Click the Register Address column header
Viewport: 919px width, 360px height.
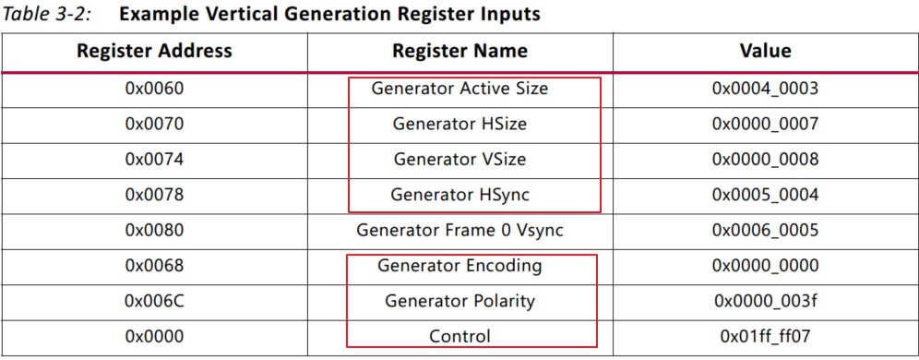pyautogui.click(x=154, y=51)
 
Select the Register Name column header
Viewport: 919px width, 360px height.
pyautogui.click(x=459, y=51)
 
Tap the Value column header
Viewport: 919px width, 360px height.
pyautogui.click(x=765, y=51)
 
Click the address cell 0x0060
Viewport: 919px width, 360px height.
pyautogui.click(x=154, y=90)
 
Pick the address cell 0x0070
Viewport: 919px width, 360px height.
pyautogui.click(x=154, y=125)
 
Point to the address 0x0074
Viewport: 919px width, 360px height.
pyautogui.click(x=154, y=160)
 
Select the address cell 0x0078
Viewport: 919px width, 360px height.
pyautogui.click(x=154, y=195)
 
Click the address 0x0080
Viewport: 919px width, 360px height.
pyautogui.click(x=154, y=231)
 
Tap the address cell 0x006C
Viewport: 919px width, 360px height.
pyautogui.click(x=154, y=302)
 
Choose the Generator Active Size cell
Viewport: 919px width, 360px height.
pyautogui.click(x=459, y=90)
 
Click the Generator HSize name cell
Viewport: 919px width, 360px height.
pyautogui.click(x=459, y=125)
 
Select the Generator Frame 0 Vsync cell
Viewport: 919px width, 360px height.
pyautogui.click(x=459, y=231)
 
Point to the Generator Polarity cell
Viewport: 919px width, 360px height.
pyautogui.click(x=459, y=302)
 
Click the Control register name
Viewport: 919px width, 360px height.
pyautogui.click(x=459, y=337)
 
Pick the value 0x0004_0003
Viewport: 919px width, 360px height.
pyautogui.click(x=765, y=90)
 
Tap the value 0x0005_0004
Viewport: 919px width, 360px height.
pyautogui.click(x=765, y=195)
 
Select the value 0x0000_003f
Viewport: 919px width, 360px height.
pyautogui.click(x=765, y=302)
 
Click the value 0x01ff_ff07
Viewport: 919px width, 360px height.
pyautogui.click(x=765, y=337)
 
